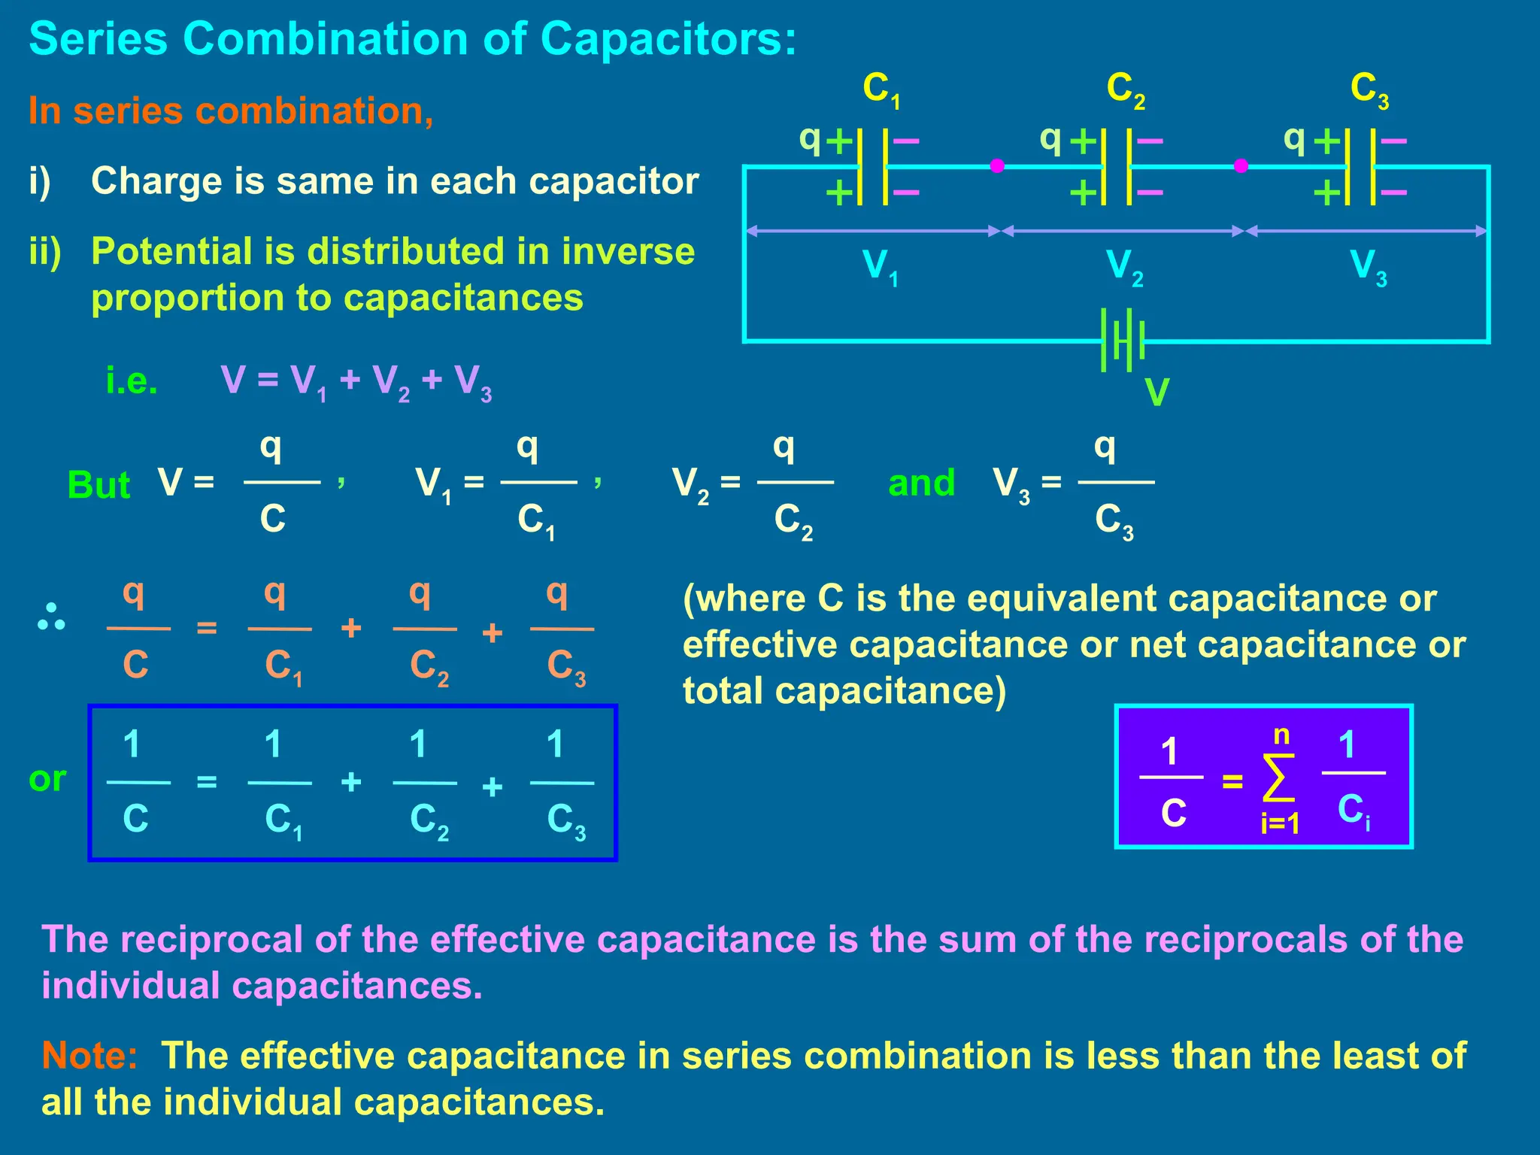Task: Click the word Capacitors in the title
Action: [x=667, y=38]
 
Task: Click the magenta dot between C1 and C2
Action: [x=997, y=165]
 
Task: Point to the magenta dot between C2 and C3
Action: [x=1241, y=165]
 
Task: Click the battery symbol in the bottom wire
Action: [x=1122, y=340]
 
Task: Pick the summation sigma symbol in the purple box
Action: [x=1278, y=778]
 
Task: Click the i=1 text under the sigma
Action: [x=1281, y=824]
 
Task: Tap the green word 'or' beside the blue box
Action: [x=47, y=779]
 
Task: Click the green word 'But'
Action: [x=99, y=485]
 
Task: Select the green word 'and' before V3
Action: [x=921, y=483]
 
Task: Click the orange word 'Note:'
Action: [x=89, y=1056]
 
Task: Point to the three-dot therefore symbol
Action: [x=51, y=617]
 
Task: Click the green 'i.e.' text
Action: [x=132, y=380]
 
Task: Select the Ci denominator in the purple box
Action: [x=1353, y=811]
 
